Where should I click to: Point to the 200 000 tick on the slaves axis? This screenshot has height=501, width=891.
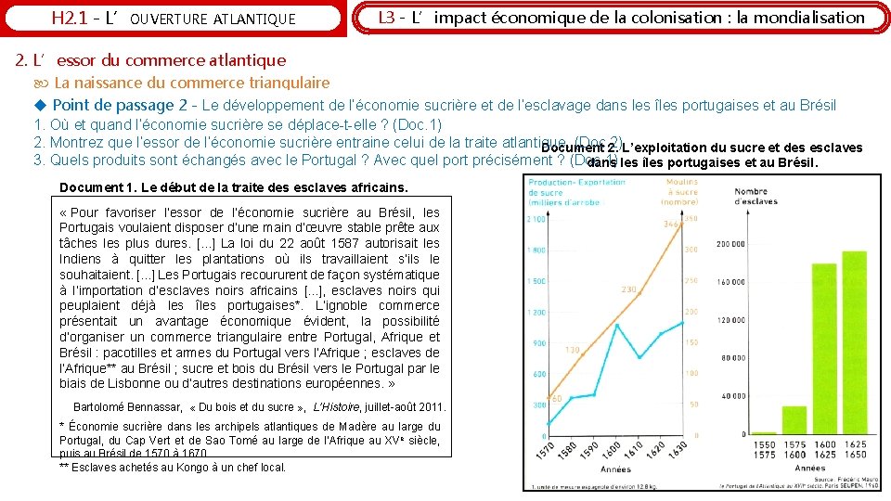[x=730, y=244]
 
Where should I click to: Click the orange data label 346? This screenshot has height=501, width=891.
[x=671, y=225]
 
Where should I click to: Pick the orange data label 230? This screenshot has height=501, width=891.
[x=629, y=289]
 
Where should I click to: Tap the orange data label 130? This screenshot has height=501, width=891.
[x=573, y=350]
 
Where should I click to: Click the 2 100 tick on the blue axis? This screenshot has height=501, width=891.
[x=536, y=219]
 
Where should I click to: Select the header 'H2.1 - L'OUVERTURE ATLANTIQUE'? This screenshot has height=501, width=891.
[x=174, y=18]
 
